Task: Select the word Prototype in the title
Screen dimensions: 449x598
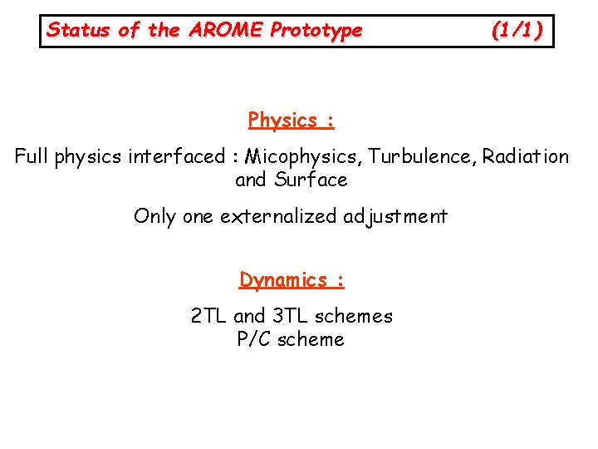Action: pos(316,31)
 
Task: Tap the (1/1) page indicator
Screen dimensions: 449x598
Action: pos(517,31)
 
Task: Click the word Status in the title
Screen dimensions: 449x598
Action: pos(78,31)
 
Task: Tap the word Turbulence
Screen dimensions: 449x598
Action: pos(419,156)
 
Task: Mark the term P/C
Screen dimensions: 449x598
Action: pos(255,339)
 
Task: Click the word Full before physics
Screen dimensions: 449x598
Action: pos(32,156)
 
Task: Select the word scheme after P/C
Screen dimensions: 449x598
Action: pos(311,339)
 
